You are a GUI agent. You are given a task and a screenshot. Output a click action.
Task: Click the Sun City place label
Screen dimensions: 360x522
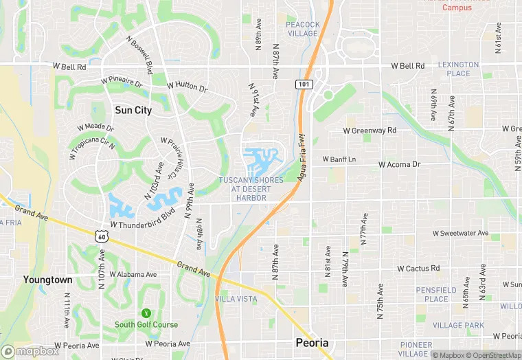133,110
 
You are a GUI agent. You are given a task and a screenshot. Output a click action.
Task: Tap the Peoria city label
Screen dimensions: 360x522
311,342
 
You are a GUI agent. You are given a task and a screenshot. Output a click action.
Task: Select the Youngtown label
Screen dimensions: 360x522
47,280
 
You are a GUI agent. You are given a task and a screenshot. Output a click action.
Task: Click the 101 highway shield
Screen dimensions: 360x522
303,84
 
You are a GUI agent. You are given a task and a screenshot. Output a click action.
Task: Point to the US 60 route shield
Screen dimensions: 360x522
101,236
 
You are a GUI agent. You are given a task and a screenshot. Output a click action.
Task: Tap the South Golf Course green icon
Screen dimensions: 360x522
146,313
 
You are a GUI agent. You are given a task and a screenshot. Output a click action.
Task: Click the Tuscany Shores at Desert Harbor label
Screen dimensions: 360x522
251,189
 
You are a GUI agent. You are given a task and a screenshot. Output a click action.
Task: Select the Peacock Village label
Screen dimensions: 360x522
303,29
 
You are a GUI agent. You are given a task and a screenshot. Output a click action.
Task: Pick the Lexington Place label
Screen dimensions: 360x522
458,69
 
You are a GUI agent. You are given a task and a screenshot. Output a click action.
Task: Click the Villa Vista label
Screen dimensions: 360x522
236,299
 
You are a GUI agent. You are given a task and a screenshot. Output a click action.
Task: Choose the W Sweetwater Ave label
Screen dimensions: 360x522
460,234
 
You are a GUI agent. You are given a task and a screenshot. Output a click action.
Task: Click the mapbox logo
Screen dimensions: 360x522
30,350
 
